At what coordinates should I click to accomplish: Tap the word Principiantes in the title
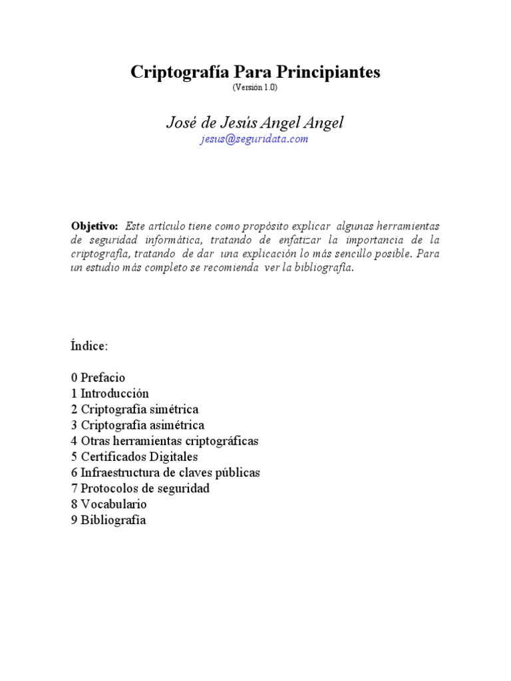327,72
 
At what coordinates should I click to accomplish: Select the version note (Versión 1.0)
255,88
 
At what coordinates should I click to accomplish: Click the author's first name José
180,122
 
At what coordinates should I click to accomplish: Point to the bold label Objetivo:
94,226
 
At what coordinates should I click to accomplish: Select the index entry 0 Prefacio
98,378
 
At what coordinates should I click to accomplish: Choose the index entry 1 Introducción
110,394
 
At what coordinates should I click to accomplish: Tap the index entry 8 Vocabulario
108,505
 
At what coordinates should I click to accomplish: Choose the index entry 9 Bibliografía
108,521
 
